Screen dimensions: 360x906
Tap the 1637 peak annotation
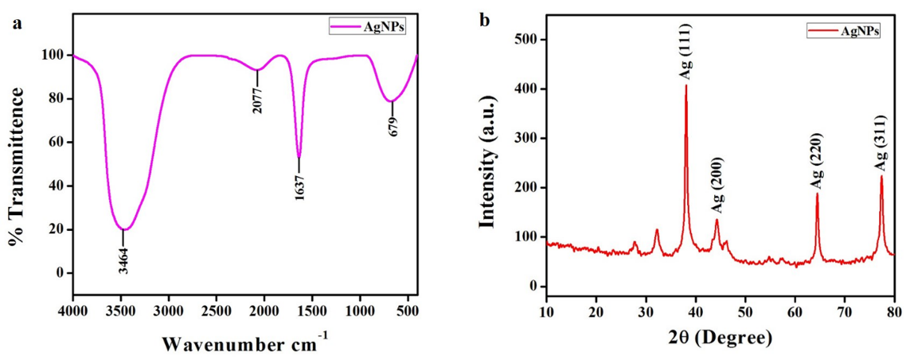[300, 186]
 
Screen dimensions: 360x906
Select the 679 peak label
[392, 125]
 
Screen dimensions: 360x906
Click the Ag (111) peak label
[685, 57]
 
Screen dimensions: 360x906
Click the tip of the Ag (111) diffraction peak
[685, 85]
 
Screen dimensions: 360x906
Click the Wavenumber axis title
[244, 345]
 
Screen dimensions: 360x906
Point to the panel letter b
[484, 19]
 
